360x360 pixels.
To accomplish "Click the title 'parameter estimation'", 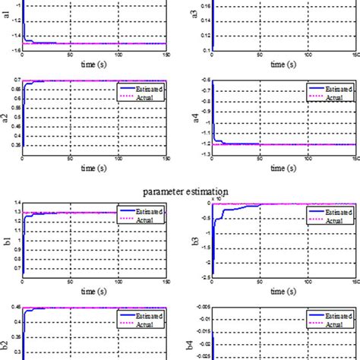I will (x=180, y=193).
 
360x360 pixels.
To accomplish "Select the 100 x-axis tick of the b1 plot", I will (x=118, y=283).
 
